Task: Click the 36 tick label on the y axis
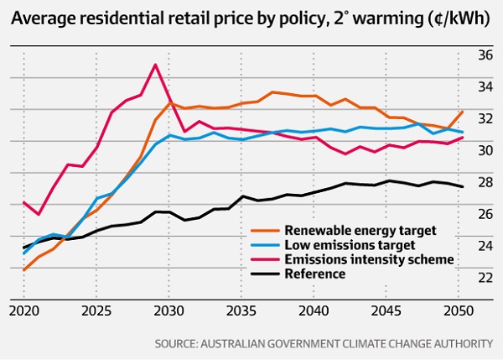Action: tap(485, 55)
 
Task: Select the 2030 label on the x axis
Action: tap(169, 311)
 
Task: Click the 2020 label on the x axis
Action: tap(23, 311)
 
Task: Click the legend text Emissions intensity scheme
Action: tap(370, 259)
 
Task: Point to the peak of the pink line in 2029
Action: tap(154, 65)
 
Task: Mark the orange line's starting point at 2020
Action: tap(23, 269)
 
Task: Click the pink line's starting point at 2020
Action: tap(23, 202)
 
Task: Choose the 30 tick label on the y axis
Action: tap(485, 151)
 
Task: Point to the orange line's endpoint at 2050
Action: tap(462, 112)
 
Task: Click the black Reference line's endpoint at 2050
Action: tap(462, 186)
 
